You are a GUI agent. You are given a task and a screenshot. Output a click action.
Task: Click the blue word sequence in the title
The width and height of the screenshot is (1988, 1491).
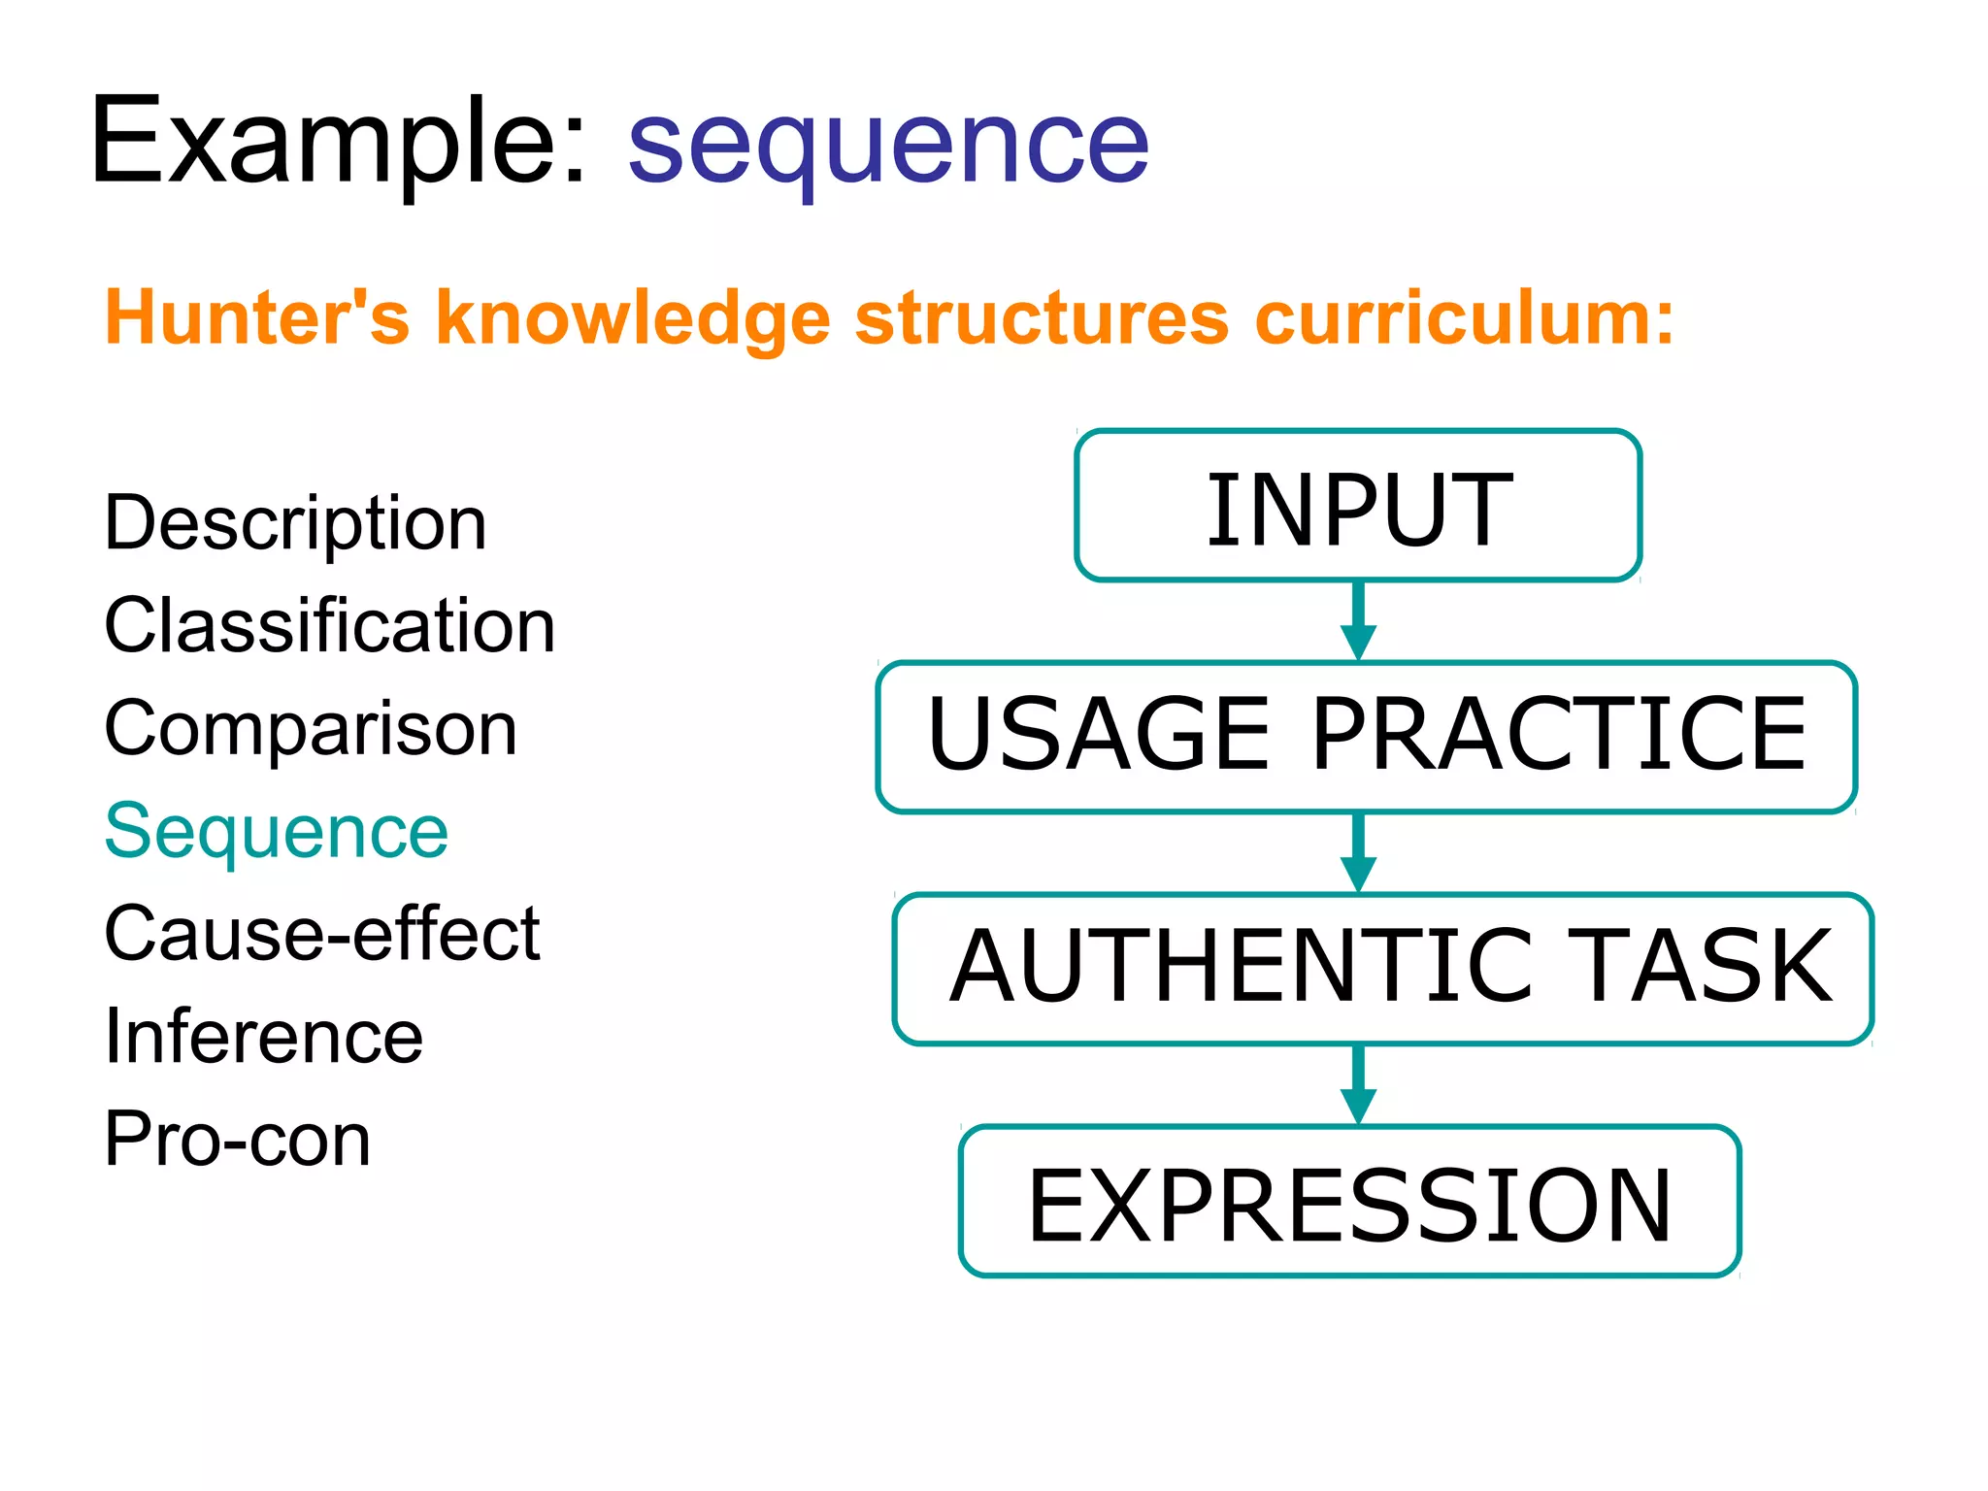coord(887,146)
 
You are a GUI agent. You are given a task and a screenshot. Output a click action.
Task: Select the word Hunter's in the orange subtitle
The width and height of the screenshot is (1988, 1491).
coord(256,318)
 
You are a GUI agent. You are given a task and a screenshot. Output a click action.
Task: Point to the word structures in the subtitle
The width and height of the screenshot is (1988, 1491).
coord(1042,318)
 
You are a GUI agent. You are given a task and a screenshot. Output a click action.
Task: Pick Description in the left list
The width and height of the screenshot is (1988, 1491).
coord(295,524)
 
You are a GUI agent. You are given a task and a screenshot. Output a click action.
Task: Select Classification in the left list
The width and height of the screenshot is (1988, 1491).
coord(329,626)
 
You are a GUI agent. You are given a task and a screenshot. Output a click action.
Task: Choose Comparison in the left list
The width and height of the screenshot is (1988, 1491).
coord(311,729)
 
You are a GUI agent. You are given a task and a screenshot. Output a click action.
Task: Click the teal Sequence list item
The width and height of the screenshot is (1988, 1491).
coord(277,832)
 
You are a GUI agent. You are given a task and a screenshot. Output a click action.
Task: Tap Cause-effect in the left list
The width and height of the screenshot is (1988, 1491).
coord(321,934)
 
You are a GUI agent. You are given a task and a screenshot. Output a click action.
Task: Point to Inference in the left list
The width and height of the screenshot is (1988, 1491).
coord(264,1037)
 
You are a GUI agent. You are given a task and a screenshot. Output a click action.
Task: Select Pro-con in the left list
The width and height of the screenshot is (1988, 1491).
coord(238,1139)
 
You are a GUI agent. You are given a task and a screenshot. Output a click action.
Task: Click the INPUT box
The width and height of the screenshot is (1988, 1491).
coord(1358,507)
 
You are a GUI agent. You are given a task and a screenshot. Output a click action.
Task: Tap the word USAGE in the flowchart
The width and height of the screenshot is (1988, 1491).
coord(1098,735)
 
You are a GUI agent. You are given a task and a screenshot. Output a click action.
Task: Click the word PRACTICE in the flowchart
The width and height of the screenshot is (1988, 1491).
coord(1558,735)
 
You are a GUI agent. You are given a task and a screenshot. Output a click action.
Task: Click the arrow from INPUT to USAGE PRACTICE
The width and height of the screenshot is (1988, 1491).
coord(1358,621)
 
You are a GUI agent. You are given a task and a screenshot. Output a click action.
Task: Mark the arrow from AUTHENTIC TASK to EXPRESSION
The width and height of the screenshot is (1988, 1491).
coord(1358,1085)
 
